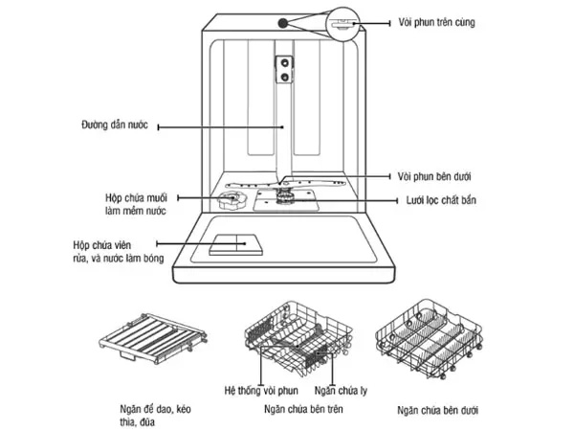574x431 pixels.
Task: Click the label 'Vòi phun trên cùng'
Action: tap(439, 22)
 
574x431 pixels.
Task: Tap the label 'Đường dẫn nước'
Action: tap(114, 125)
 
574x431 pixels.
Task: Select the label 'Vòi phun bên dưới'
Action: tap(435, 177)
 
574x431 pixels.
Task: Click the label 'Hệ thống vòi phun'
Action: tap(261, 391)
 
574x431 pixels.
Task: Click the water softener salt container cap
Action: tap(230, 200)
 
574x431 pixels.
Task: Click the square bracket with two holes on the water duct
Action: tap(284, 66)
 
